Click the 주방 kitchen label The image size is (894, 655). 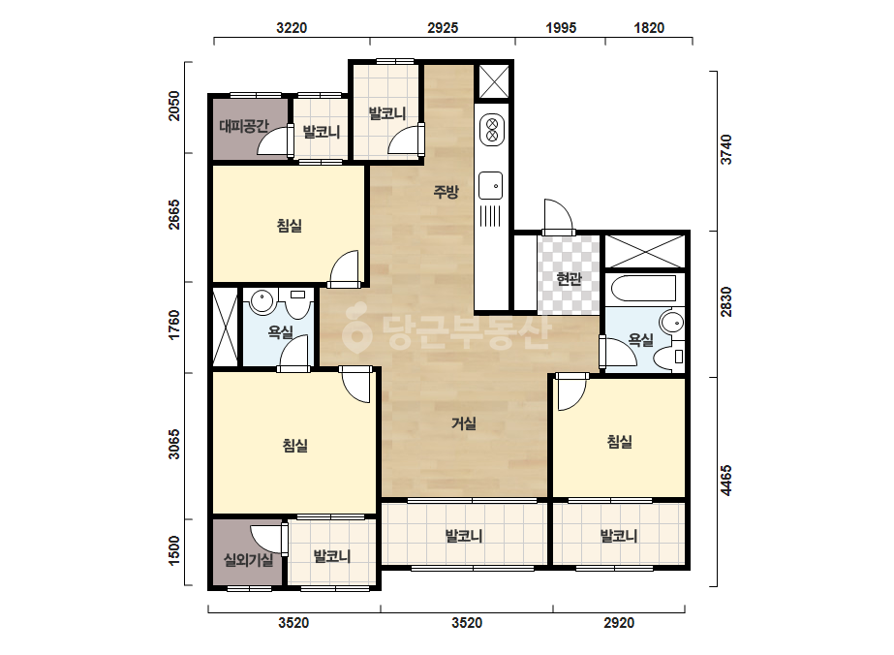tap(446, 191)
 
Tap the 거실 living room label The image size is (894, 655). tap(464, 423)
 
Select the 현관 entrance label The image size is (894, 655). tap(569, 279)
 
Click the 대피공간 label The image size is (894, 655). tap(243, 126)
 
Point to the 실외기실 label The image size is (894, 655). tap(248, 560)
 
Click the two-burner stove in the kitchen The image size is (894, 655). tap(492, 130)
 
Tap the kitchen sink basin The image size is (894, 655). tap(490, 186)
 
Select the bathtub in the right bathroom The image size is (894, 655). tap(644, 288)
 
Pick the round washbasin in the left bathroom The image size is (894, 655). tap(262, 302)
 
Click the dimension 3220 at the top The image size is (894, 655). tap(292, 27)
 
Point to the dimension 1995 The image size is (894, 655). tap(561, 27)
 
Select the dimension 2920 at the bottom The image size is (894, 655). tap(619, 622)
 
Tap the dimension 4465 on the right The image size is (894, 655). tap(725, 481)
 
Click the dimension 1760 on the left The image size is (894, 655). tap(174, 325)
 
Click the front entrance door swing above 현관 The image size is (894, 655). tap(558, 217)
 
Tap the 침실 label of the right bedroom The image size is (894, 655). tap(620, 442)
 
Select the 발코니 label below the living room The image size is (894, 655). tap(464, 536)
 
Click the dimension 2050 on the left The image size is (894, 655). tap(174, 107)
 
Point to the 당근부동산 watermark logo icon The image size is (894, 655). tap(356, 328)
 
